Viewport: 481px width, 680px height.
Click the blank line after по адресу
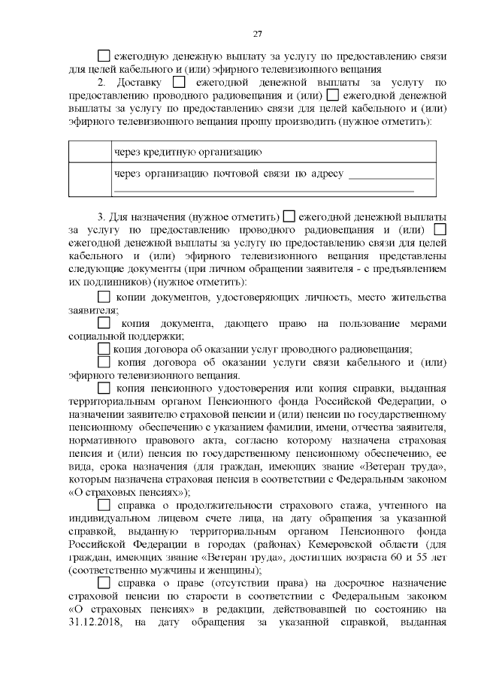[392, 175]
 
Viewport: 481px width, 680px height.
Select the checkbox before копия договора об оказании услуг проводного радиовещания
[104, 349]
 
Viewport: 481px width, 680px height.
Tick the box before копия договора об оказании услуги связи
[104, 363]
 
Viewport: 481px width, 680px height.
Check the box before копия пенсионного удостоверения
[104, 388]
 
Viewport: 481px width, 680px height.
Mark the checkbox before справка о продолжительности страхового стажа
[104, 506]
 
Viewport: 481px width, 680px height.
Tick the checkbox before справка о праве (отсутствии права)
[104, 584]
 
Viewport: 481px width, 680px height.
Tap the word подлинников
[114, 283]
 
